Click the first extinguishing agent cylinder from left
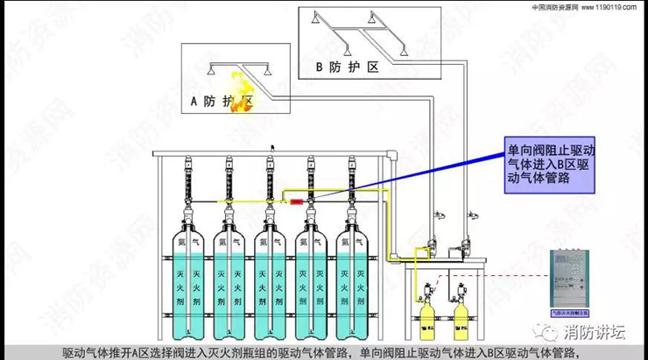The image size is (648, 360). [191, 280]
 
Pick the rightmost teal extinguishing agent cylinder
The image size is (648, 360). [348, 280]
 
